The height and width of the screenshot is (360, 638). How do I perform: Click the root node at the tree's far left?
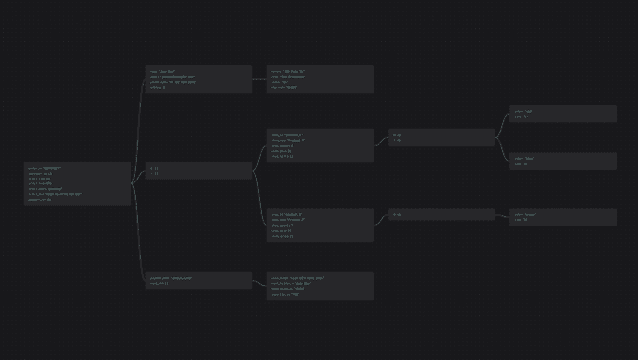click(x=78, y=184)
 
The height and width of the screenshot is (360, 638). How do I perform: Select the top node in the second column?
click(x=198, y=79)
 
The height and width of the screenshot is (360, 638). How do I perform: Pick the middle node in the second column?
click(x=198, y=171)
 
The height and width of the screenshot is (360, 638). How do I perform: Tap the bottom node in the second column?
click(x=198, y=281)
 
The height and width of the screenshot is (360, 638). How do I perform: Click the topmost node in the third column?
click(x=320, y=79)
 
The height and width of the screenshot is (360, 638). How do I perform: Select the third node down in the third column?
click(x=320, y=224)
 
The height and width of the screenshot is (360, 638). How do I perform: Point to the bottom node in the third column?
click(x=320, y=286)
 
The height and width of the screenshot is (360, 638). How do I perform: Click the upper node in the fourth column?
click(x=441, y=137)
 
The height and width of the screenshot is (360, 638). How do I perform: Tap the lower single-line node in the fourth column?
click(x=441, y=214)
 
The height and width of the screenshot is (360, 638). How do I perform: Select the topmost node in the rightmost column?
click(x=563, y=114)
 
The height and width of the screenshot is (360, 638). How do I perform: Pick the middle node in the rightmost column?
click(x=563, y=161)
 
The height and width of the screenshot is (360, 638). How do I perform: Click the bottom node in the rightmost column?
click(x=563, y=217)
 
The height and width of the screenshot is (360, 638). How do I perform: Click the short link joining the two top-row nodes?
click(x=259, y=78)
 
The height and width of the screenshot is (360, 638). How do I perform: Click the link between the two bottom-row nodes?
click(x=259, y=283)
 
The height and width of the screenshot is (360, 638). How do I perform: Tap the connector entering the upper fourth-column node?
click(x=381, y=141)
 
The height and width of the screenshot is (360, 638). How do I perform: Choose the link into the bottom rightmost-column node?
click(x=502, y=215)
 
